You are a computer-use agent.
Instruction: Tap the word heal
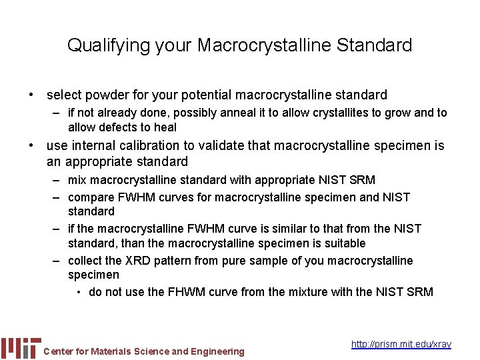(x=165, y=127)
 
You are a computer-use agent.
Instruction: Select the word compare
(x=91, y=197)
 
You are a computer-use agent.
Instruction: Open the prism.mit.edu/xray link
(x=401, y=344)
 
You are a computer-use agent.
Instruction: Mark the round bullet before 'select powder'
(x=31, y=95)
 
